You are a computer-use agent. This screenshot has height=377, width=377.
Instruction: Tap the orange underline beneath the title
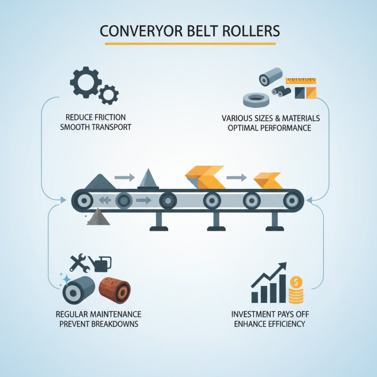tap(190, 44)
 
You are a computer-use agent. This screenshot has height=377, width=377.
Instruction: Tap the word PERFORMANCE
tap(289, 128)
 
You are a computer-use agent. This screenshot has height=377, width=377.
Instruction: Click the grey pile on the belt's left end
tap(99, 181)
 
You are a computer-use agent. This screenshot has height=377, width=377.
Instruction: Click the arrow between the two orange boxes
tap(238, 178)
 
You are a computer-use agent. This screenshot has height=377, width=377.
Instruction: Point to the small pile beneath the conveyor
tap(99, 217)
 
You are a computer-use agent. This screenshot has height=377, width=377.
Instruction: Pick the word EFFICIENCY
tap(285, 324)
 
